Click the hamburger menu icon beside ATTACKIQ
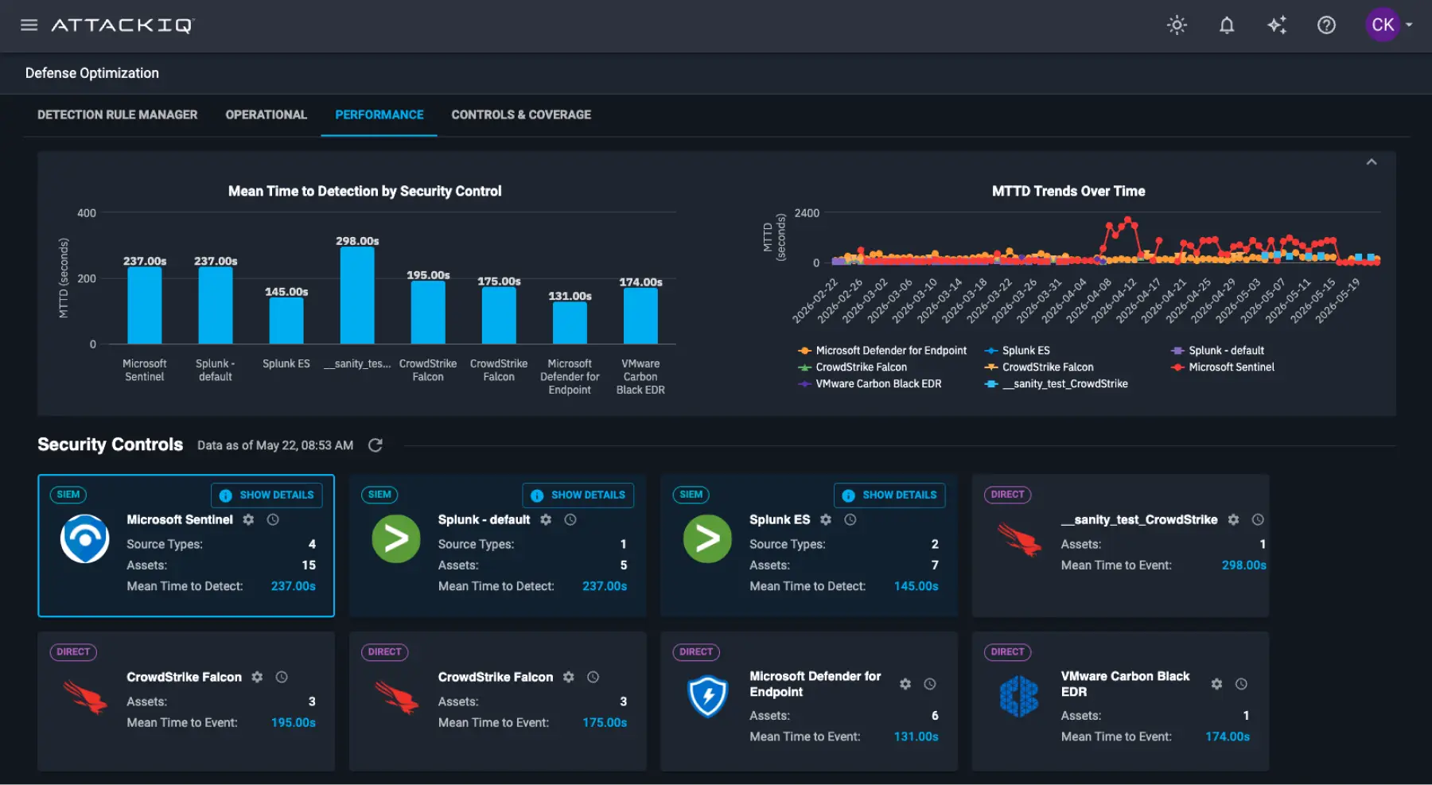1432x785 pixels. (29, 25)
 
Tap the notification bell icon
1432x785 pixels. (1227, 25)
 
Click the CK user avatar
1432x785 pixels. (1383, 25)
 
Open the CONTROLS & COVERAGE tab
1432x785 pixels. (521, 115)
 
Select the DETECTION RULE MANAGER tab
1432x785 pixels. (118, 115)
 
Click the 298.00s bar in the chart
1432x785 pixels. (357, 295)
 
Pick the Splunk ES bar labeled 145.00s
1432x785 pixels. (286, 321)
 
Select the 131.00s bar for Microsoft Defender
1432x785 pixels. (570, 323)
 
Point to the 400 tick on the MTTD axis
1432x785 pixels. (87, 213)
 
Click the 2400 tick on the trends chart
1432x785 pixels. (807, 213)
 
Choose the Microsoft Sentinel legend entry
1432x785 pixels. (1223, 367)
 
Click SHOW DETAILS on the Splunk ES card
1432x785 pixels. (889, 495)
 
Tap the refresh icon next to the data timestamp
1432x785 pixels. (376, 445)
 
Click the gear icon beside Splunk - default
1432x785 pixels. (546, 519)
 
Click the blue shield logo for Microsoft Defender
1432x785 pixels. (707, 696)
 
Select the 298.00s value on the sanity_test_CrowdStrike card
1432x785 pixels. (1243, 565)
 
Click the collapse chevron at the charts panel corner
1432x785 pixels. (1372, 162)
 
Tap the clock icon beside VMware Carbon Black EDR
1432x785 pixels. (1241, 684)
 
